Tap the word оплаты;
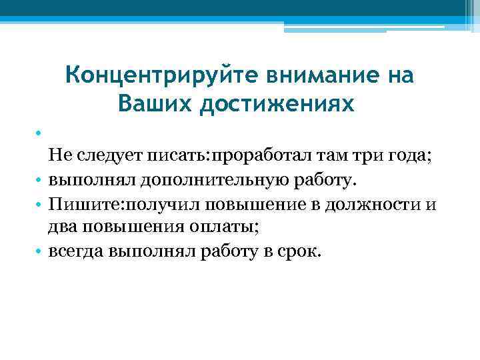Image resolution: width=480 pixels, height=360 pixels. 225,228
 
